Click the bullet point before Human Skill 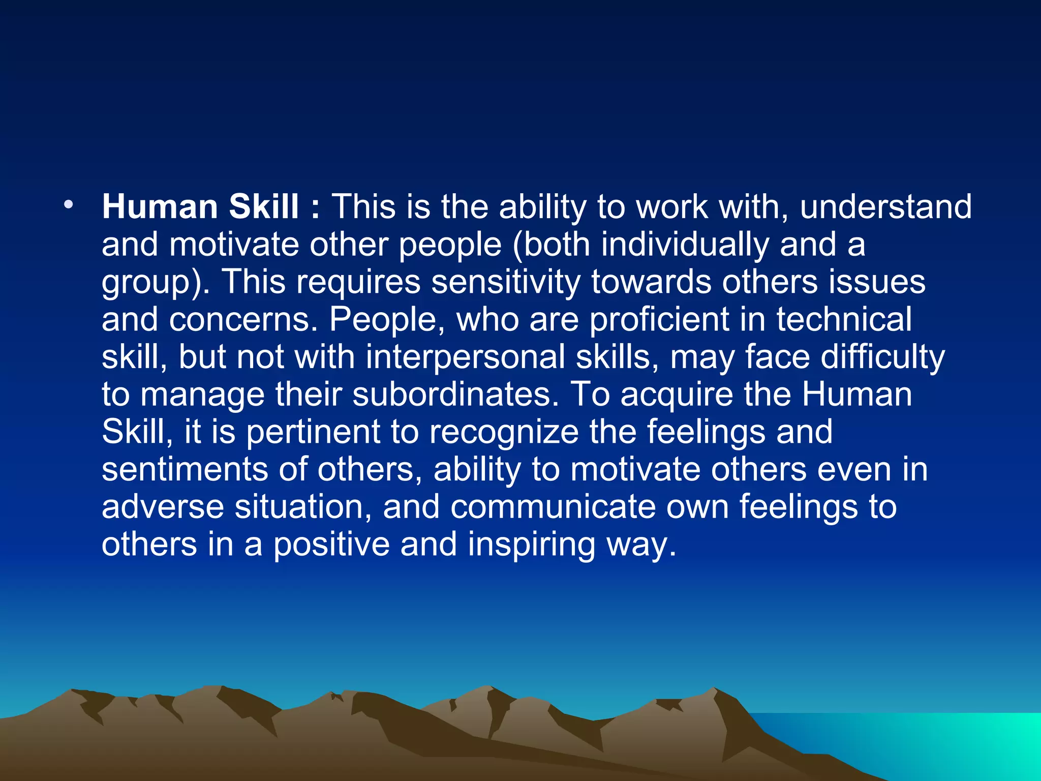(x=69, y=205)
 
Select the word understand (x=885, y=207)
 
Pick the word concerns (x=243, y=320)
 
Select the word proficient (x=659, y=320)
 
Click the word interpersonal (x=465, y=357)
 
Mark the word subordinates (x=455, y=395)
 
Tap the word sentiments (x=185, y=469)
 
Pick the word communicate (x=553, y=507)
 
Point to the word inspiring (x=531, y=545)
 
